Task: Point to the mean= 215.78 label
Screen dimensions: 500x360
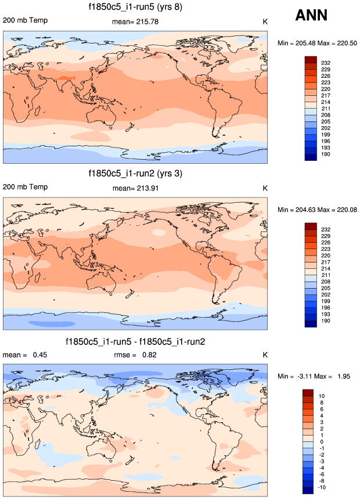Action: tap(135, 21)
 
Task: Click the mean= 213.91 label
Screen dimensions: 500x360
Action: tap(135, 188)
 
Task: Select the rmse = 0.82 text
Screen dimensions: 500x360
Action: tap(135, 355)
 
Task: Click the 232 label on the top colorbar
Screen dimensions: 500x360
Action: tap(325, 62)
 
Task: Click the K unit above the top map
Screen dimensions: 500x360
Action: tap(265, 21)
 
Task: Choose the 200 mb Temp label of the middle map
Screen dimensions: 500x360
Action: tap(25, 188)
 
